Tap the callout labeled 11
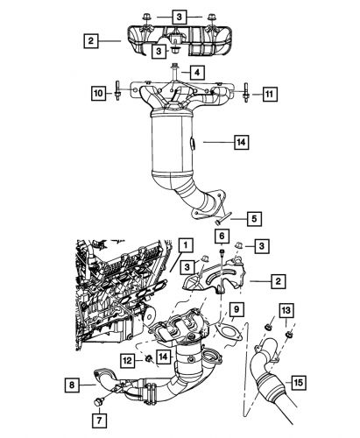pyautogui.click(x=270, y=92)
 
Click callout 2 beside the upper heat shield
pyautogui.click(x=89, y=40)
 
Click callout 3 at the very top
pyautogui.click(x=179, y=17)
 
